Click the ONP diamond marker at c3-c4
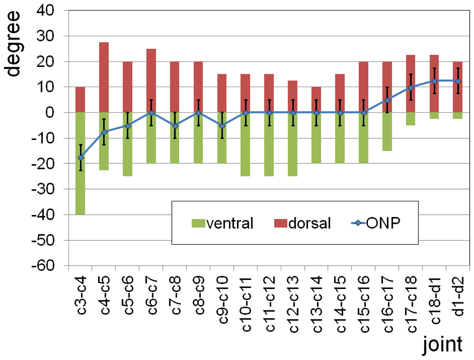point(81,158)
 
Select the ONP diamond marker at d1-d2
point(458,81)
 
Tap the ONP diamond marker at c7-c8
point(175,126)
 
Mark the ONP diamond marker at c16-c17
point(387,100)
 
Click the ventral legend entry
point(221,223)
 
